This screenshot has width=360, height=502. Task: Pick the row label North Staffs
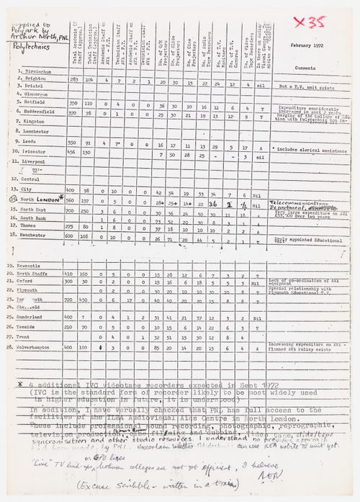(x=37, y=274)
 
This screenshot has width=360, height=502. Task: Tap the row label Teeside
(x=32, y=326)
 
